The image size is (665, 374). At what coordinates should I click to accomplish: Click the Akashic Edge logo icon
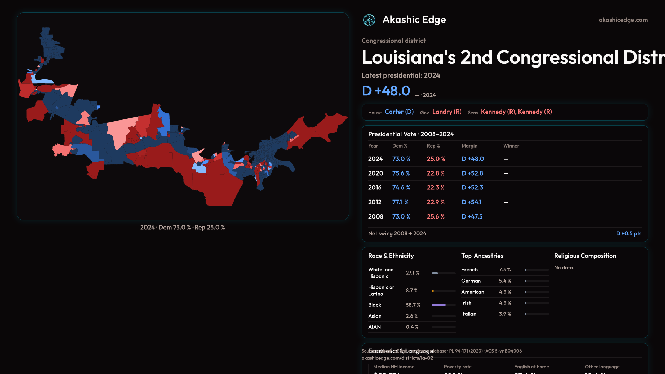tap(369, 20)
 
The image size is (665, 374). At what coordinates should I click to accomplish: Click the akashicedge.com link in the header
tap(623, 20)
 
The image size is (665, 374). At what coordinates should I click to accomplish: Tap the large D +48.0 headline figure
tap(386, 91)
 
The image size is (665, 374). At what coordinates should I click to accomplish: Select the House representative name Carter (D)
tap(399, 112)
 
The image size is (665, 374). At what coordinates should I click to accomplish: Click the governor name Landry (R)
tap(447, 112)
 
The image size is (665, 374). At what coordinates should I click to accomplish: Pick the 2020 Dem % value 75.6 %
tap(401, 173)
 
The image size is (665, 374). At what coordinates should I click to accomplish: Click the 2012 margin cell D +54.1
tap(472, 202)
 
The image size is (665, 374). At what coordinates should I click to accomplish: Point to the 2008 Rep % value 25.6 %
tap(436, 216)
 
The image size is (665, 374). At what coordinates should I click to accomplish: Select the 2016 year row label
tap(375, 187)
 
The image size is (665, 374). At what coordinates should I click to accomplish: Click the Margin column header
tap(469, 146)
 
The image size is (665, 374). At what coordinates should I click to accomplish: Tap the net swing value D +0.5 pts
tap(629, 233)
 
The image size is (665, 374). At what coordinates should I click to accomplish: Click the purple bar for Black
tap(438, 305)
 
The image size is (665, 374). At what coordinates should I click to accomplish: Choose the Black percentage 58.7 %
tap(413, 305)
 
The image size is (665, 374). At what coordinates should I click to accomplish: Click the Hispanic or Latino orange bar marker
tap(433, 291)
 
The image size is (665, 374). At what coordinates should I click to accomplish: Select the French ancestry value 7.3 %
tap(505, 270)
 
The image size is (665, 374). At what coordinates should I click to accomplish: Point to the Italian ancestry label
tap(469, 314)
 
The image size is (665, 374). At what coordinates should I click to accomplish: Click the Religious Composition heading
tap(585, 256)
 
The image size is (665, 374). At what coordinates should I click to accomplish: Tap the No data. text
tap(564, 268)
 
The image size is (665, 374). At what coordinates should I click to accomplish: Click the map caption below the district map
tap(183, 228)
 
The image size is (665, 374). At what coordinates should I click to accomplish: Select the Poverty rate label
tap(458, 367)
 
